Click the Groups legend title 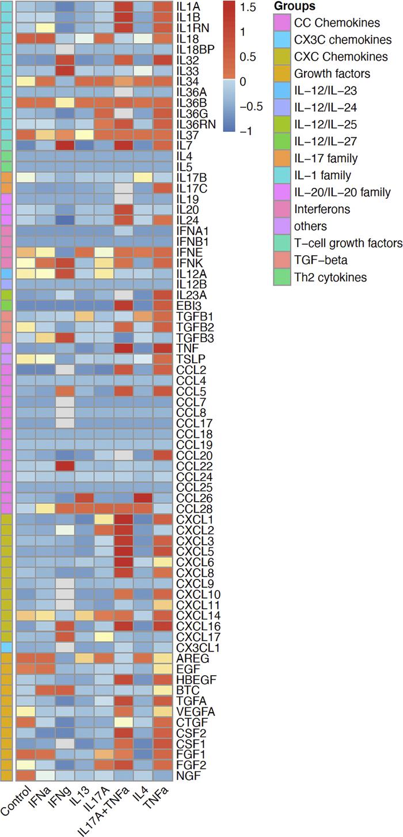pos(294,7)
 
